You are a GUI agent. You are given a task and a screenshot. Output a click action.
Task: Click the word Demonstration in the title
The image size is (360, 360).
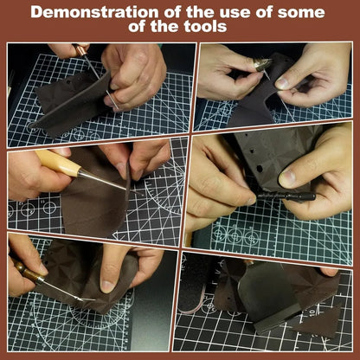(94, 12)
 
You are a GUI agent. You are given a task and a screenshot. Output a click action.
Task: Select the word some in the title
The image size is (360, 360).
(301, 13)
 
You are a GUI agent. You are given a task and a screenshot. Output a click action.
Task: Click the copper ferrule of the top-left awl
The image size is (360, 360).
(80, 50)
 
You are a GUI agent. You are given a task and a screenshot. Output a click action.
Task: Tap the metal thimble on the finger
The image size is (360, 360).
(262, 64)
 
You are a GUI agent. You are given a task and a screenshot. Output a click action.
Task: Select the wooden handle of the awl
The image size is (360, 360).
(59, 163)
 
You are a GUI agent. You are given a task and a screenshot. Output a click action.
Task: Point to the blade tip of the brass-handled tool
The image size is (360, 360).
(87, 299)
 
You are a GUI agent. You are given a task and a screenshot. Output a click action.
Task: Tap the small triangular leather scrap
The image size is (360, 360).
(321, 323)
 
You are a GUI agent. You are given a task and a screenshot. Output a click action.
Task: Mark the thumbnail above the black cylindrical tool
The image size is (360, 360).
(288, 178)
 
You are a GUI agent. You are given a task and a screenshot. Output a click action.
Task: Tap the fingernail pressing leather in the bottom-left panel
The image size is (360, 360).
(107, 286)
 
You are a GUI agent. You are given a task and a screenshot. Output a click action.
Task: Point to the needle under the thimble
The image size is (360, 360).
(267, 74)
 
